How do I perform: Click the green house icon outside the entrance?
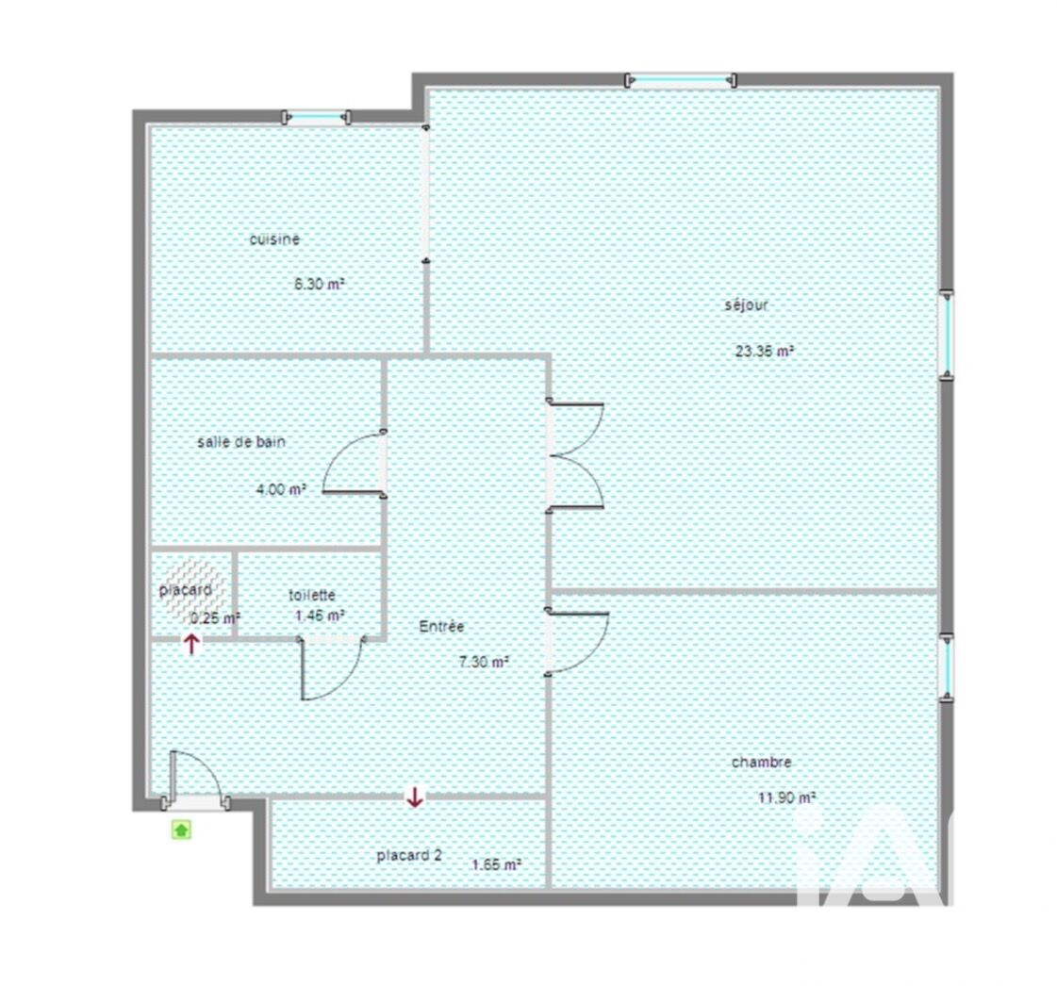[181, 830]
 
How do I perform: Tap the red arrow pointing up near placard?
[191, 644]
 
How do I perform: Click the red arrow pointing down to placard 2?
[415, 797]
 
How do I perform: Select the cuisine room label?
[274, 239]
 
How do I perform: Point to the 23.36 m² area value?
[765, 351]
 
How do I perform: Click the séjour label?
[746, 304]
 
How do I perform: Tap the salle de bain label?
[241, 442]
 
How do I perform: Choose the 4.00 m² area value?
[281, 489]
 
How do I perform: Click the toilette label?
[312, 595]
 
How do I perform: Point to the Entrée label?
[441, 626]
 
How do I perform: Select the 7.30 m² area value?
[484, 662]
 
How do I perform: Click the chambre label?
[762, 763]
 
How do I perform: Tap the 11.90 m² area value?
[787, 798]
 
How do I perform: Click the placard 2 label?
[409, 856]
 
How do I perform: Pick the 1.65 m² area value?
[496, 864]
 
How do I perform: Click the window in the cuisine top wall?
[316, 117]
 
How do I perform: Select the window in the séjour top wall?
[680, 81]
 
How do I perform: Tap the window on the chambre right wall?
[947, 667]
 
